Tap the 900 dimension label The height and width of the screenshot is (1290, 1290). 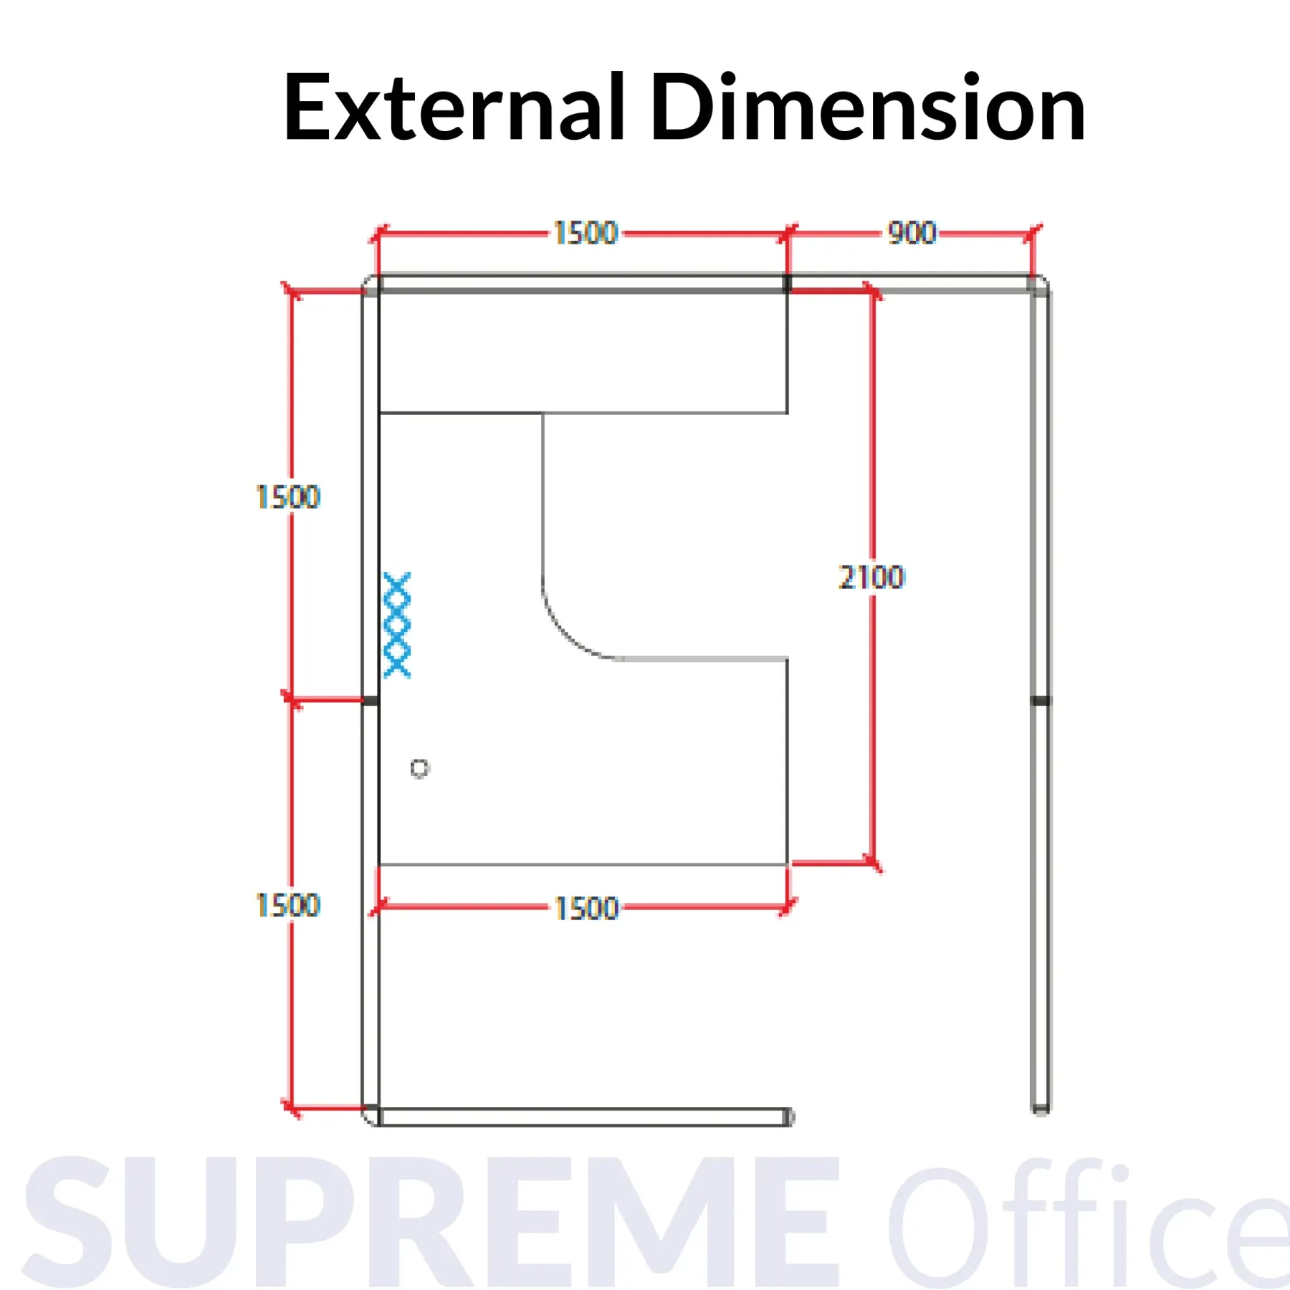pos(912,233)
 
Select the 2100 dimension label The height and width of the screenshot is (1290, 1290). pos(872,577)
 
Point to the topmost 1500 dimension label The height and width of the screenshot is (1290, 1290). pos(586,233)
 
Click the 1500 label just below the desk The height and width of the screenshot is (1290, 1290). pos(586,908)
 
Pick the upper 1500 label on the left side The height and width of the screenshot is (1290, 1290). pos(287,497)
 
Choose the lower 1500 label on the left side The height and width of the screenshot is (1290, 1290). pos(287,905)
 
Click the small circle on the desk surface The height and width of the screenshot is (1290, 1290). pos(419,768)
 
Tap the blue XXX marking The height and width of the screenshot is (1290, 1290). pos(397,625)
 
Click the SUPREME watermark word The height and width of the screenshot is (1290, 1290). pos(430,1222)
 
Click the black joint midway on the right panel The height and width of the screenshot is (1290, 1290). pos(1041,700)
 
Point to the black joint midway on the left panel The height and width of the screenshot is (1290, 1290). pos(371,700)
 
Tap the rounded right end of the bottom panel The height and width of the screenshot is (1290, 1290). pos(788,1117)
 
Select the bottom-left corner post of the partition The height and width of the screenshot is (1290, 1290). pos(371,1117)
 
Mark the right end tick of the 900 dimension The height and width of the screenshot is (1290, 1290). pos(1032,233)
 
